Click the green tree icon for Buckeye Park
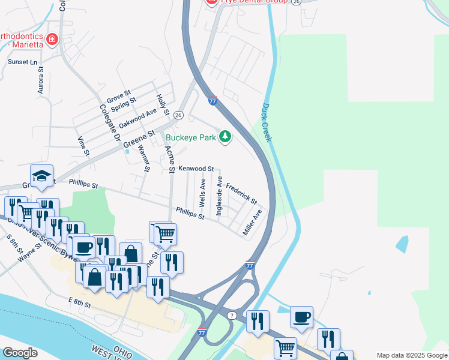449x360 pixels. [x=225, y=137]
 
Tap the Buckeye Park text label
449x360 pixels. [x=190, y=137]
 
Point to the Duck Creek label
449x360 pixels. [x=267, y=122]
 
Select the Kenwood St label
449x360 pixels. [x=196, y=170]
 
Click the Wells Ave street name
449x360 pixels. [x=203, y=192]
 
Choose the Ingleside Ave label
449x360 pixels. [x=220, y=195]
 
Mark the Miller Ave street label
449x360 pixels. [x=253, y=222]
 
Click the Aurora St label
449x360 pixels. [x=41, y=80]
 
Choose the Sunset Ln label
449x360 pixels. [x=22, y=62]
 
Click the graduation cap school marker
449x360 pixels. [x=41, y=175]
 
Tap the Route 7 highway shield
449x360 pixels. [x=232, y=316]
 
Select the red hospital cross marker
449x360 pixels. [x=52, y=40]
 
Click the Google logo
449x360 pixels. [x=20, y=352]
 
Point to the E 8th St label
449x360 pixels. [x=79, y=305]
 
